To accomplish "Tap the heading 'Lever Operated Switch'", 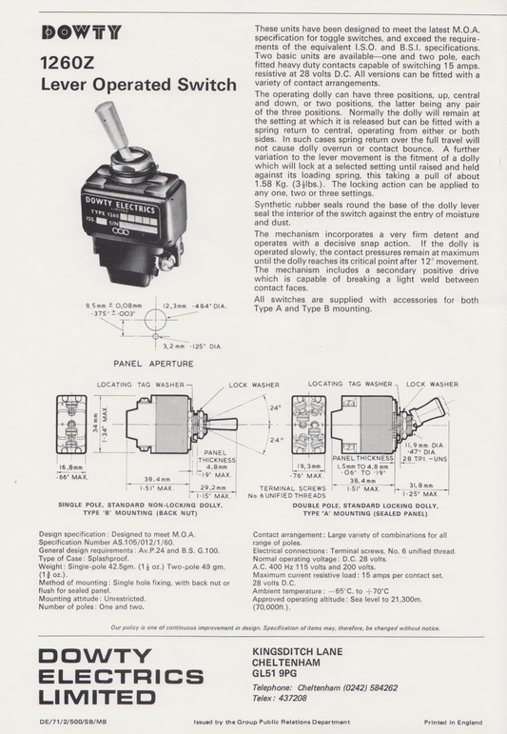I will point(138,87).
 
